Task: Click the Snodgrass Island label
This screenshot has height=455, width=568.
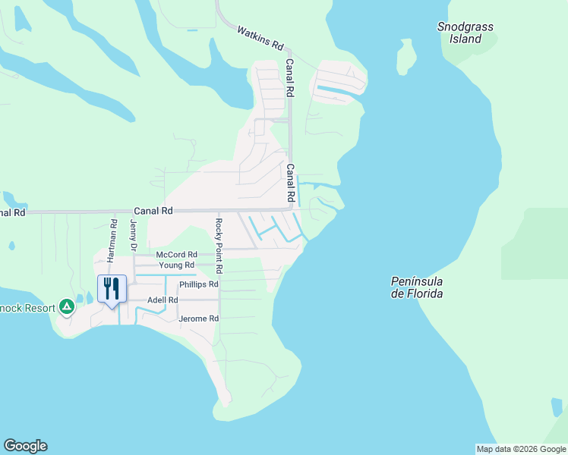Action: tap(465, 33)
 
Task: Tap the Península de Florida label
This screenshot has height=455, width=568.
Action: tap(417, 287)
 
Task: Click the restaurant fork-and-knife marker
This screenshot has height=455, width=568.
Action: tap(112, 289)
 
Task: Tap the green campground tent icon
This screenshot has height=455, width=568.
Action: tap(67, 306)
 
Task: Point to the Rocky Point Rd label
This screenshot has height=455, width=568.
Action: tap(218, 246)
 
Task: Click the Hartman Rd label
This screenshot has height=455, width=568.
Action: tap(112, 240)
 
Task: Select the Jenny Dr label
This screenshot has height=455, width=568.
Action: tap(133, 236)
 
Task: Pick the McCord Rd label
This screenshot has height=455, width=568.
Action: tap(176, 255)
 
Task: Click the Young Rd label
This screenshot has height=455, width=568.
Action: tap(176, 265)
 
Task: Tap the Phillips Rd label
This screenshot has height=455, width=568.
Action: tap(198, 285)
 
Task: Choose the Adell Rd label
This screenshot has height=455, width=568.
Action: tap(163, 300)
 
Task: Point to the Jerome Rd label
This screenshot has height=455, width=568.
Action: tap(198, 319)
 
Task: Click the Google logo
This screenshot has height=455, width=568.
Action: tap(25, 446)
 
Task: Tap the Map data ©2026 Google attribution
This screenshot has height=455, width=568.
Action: tap(521, 449)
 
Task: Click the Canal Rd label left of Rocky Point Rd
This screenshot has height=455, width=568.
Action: tap(153, 211)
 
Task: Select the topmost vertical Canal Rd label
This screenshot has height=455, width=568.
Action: tap(289, 78)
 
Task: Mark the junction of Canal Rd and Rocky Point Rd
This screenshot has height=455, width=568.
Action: tap(219, 211)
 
